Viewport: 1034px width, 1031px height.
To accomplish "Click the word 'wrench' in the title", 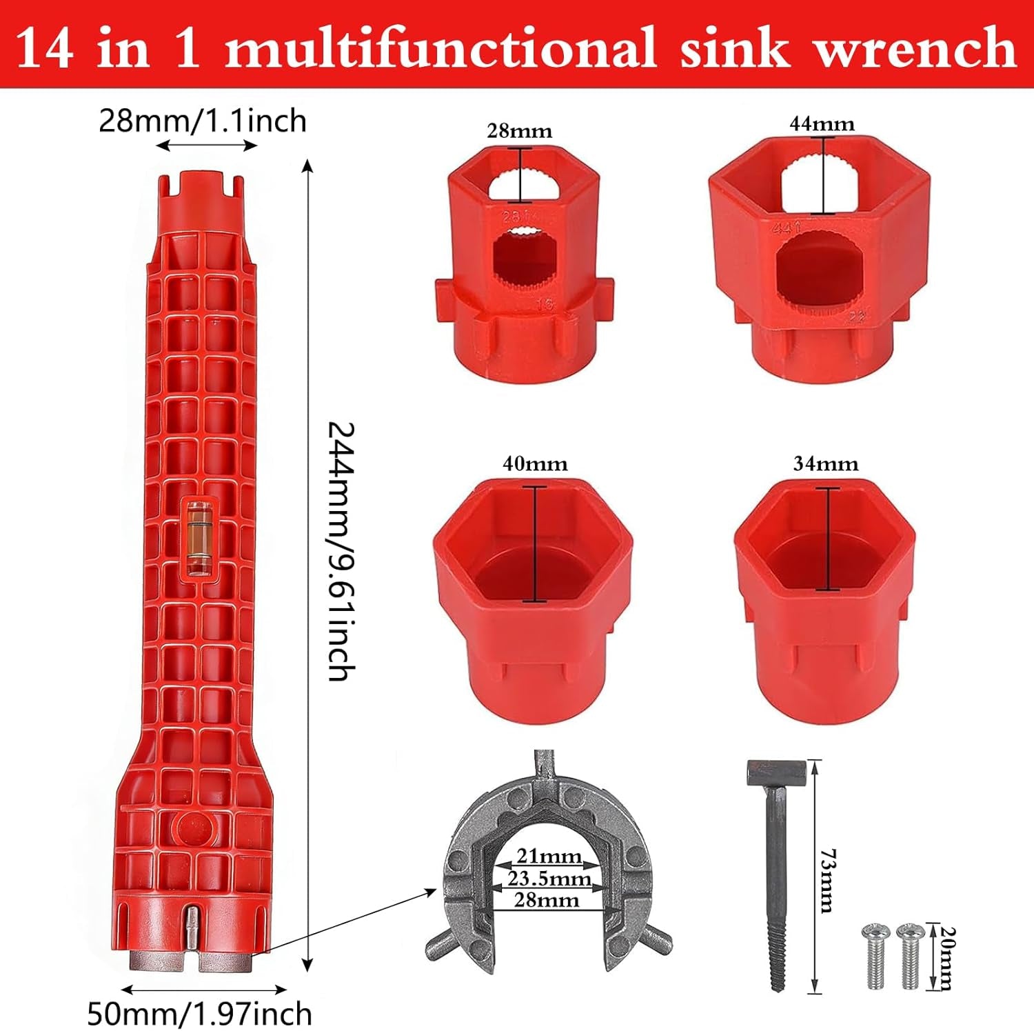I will click(915, 48).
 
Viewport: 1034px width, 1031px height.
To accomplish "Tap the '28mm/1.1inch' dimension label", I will click(203, 121).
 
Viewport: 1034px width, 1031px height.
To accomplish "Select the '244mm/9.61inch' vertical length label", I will click(340, 552).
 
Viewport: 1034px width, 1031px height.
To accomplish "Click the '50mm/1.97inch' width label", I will click(199, 1014).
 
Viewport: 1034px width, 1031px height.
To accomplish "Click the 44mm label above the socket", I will click(822, 124).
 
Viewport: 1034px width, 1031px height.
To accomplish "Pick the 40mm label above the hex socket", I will click(535, 464).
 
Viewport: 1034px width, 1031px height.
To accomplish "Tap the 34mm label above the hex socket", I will click(825, 464).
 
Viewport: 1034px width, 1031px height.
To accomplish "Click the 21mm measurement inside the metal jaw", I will click(549, 856).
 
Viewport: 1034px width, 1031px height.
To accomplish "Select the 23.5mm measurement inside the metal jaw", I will click(549, 878).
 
